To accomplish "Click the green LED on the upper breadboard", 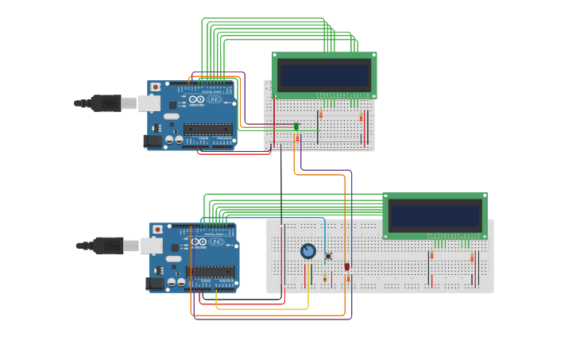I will (x=296, y=126).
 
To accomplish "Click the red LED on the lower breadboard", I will (x=347, y=266).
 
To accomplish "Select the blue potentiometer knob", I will (x=308, y=251).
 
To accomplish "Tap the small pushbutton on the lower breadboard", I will (x=328, y=256).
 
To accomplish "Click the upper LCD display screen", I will (x=324, y=76).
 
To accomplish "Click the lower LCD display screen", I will (x=435, y=215).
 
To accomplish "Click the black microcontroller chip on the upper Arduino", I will (x=208, y=129).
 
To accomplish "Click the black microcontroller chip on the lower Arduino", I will (x=211, y=271).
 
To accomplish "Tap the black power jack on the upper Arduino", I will (x=153, y=141).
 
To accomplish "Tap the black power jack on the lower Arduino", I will (x=155, y=283).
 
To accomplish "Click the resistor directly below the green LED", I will (x=297, y=138).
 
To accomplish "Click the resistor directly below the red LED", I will (x=348, y=277).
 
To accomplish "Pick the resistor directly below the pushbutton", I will (x=325, y=277).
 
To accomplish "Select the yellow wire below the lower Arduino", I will (x=262, y=308).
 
